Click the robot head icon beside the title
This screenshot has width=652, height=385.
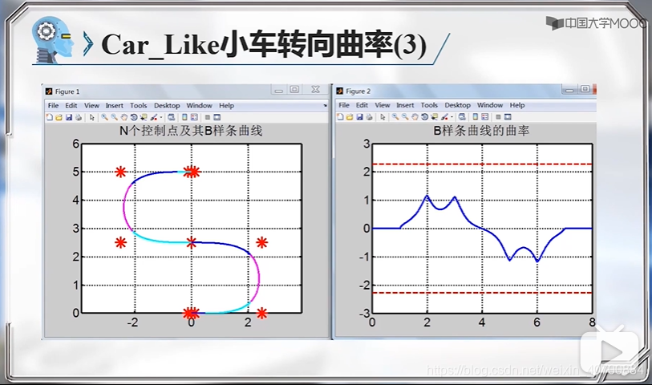(x=56, y=39)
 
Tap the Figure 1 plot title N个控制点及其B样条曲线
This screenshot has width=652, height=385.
(x=191, y=131)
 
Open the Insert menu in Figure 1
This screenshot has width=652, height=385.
(x=115, y=105)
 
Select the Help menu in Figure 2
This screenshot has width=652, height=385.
(x=516, y=105)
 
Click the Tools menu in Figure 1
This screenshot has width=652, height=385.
(x=139, y=105)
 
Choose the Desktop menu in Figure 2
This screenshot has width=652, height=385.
(x=457, y=105)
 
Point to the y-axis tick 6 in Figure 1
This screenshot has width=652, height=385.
(x=76, y=144)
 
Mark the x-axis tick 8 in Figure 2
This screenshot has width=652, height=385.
(x=592, y=322)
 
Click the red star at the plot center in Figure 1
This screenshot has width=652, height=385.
(x=191, y=241)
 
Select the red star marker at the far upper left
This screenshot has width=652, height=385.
(x=120, y=172)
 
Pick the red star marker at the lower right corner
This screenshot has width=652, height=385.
(x=261, y=313)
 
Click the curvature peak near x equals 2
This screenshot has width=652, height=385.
(x=427, y=196)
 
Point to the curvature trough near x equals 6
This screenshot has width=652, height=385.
(x=537, y=261)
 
